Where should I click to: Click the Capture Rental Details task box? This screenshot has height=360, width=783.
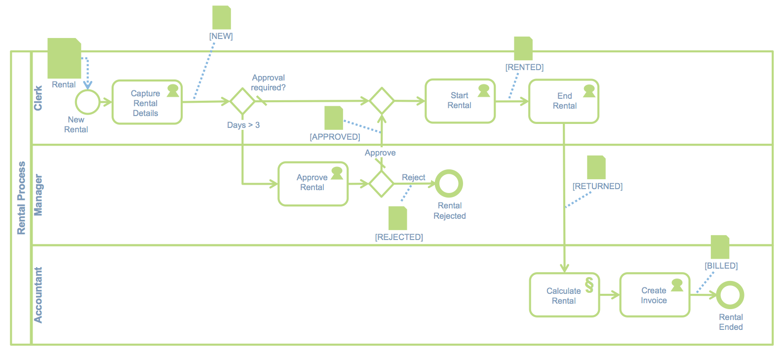pos(147,102)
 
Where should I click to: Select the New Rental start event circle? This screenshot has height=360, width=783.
pos(87,102)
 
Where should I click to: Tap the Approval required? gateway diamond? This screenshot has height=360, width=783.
pos(242,101)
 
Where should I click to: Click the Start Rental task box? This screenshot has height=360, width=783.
pos(460,101)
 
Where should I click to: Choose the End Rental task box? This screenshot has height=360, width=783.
pos(564,101)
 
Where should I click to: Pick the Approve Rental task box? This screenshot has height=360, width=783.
pos(313,184)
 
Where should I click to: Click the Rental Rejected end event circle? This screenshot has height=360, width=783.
pos(449,184)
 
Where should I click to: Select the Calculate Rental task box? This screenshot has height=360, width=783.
pos(564,295)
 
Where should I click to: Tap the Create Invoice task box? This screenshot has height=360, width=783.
pos(655,295)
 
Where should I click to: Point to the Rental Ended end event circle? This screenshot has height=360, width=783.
pos(730,295)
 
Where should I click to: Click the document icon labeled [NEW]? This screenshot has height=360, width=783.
pos(222,18)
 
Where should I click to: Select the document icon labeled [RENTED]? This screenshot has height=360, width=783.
pos(523,48)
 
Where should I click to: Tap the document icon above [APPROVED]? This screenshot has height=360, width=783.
pos(334,118)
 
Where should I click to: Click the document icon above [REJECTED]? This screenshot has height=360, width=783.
pos(398,218)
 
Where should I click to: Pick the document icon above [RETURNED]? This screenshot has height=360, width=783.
pos(596,167)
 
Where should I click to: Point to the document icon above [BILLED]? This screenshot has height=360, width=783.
pos(720,247)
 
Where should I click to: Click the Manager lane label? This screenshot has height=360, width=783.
pos(38,195)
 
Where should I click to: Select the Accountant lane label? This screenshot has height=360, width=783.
pos(38,295)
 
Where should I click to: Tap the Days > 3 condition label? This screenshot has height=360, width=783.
pos(243,125)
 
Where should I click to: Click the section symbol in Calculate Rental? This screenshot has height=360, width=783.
pos(589,285)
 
